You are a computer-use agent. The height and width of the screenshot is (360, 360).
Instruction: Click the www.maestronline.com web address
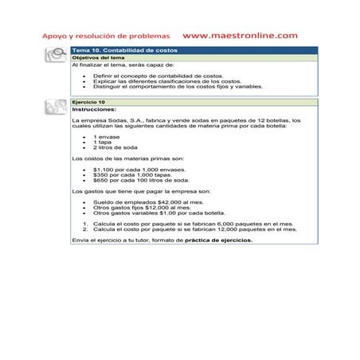point(240,36)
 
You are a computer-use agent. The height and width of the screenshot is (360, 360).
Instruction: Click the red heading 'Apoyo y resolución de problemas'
point(106,37)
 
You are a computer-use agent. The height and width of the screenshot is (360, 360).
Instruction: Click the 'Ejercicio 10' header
point(88,103)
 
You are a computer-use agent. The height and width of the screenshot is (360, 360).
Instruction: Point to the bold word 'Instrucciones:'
point(93,109)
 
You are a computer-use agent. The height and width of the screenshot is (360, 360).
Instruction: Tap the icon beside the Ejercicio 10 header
point(56,104)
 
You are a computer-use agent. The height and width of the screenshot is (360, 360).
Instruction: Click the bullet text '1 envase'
point(106,138)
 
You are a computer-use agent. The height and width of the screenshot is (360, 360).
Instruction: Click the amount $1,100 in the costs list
point(104,170)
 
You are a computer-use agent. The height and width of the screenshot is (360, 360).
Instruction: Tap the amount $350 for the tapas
point(100,175)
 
